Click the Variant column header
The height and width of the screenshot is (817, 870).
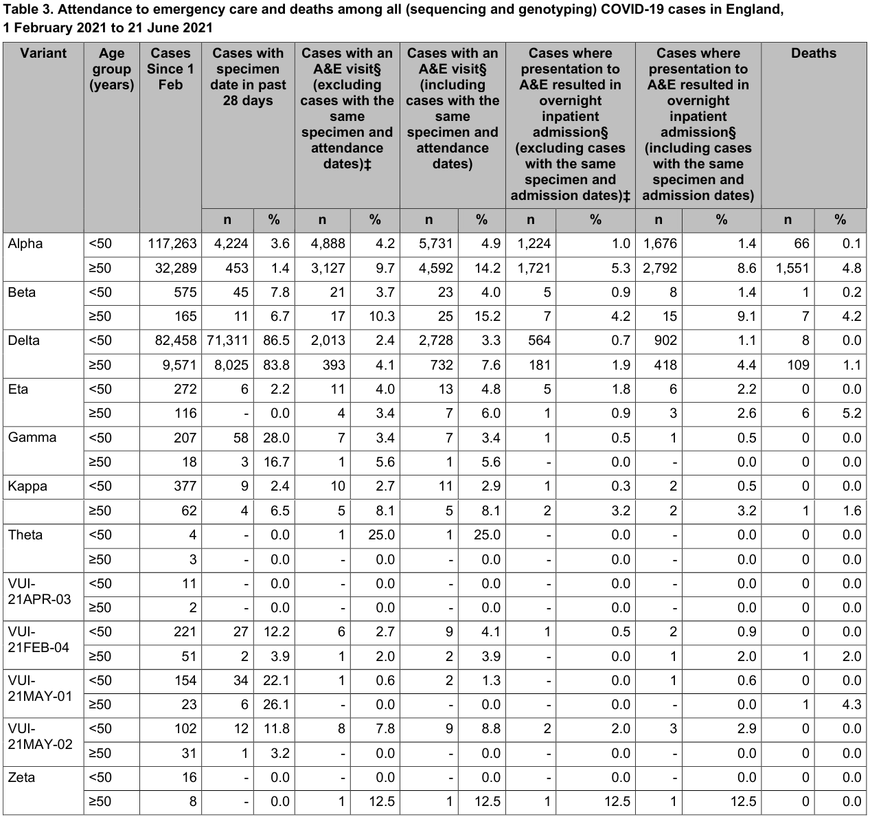43,54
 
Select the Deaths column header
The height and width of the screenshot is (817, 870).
813,54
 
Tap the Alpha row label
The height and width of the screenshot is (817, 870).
25,244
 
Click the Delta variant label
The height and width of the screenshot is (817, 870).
25,341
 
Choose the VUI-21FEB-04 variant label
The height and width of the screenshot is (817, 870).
38,639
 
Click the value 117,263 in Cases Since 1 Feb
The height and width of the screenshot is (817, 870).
172,244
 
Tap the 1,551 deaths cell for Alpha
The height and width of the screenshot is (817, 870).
792,268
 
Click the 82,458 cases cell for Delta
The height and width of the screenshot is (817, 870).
172,341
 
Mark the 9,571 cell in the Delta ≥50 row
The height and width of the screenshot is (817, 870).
179,365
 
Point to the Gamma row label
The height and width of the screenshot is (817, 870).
32,438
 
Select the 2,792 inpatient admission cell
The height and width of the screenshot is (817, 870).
659,268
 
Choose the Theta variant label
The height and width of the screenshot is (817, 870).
25,535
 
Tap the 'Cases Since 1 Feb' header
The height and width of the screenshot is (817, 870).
170,69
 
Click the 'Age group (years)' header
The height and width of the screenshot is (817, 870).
111,69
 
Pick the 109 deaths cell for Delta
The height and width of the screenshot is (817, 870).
798,365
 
